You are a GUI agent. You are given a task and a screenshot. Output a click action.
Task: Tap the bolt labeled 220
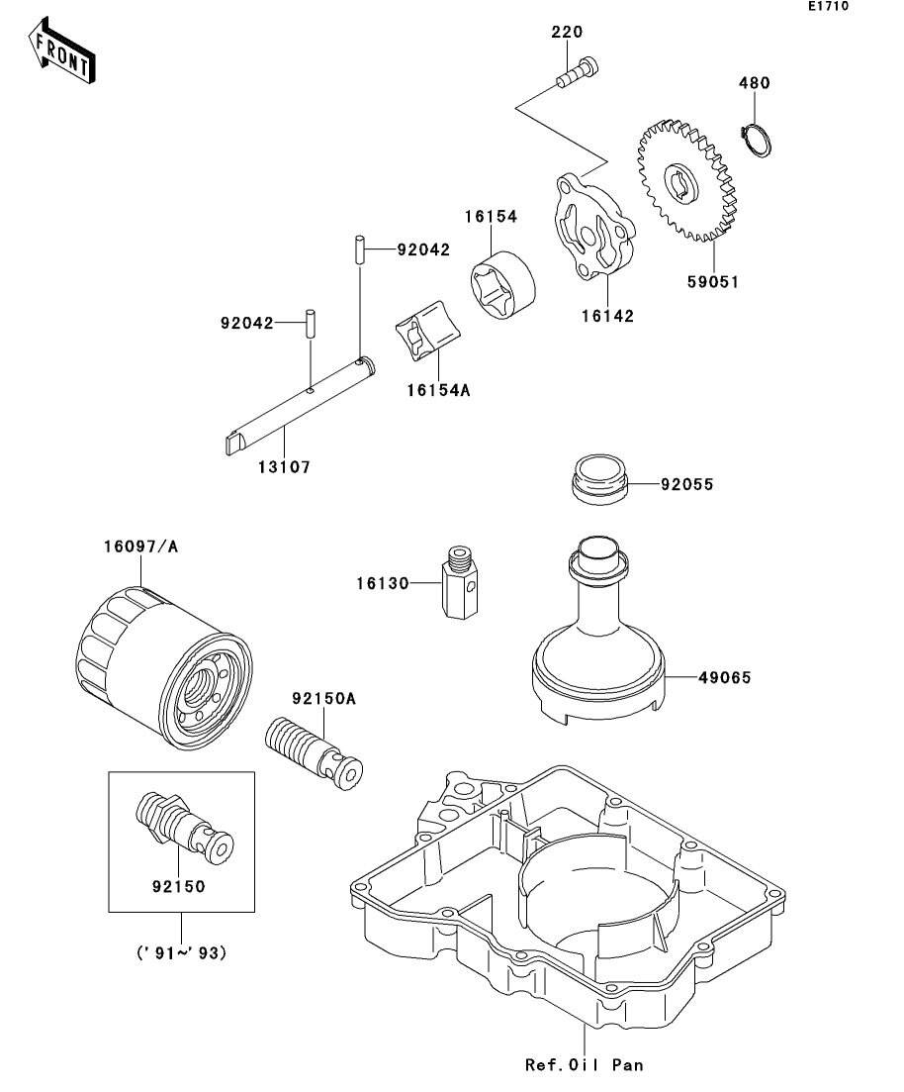(x=577, y=73)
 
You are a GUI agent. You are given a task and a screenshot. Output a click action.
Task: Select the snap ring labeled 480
(x=756, y=140)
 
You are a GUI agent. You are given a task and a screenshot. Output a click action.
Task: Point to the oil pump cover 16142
(x=595, y=228)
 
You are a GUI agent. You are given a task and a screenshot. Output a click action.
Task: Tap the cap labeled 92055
(x=599, y=479)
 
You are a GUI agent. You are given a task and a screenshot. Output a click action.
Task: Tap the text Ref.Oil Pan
(x=584, y=1065)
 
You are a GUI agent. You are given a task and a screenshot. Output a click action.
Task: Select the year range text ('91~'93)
(x=182, y=952)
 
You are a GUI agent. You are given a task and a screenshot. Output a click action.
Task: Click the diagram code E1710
(x=828, y=6)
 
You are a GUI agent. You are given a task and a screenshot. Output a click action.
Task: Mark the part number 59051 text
(x=713, y=282)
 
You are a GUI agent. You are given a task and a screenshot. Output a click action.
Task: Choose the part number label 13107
(x=284, y=467)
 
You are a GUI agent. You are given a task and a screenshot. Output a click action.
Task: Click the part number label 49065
(x=725, y=677)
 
